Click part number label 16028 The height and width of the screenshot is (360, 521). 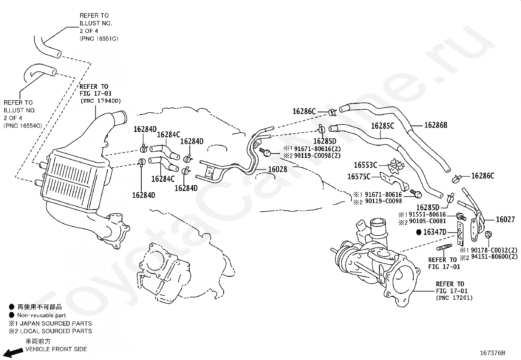coord(278,169)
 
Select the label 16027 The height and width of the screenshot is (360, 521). coord(505,219)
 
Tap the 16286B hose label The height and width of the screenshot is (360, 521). coord(436,125)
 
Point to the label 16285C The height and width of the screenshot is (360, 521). coord(383,126)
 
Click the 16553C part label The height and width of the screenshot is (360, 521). coord(366,165)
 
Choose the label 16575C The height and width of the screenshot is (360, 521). coord(359,177)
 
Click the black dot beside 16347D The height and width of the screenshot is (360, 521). coord(419,232)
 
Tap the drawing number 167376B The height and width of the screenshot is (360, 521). coord(493,353)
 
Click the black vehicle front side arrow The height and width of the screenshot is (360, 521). coord(12,353)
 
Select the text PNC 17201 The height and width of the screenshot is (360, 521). coord(454,298)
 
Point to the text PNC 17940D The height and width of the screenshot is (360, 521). coord(101,101)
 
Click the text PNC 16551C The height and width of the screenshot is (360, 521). coord(99,39)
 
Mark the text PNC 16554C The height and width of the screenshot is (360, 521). coord(23,126)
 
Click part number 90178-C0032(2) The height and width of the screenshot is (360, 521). coord(494,250)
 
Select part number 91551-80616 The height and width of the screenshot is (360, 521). coord(427,215)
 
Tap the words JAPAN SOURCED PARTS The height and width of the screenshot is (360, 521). coord(56,323)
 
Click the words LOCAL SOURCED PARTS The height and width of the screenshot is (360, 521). coord(56,331)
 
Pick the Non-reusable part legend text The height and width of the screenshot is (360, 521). coord(42,315)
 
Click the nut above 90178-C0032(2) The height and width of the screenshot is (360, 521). coord(488,235)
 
